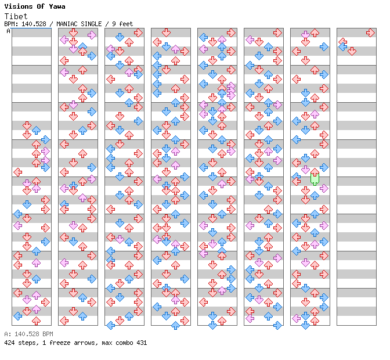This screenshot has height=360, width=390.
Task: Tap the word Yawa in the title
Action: pos(57,6)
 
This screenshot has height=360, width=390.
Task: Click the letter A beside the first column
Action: pos(9,31)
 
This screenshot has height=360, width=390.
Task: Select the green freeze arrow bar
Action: pos(315,178)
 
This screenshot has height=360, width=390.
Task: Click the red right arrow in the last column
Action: pos(370,33)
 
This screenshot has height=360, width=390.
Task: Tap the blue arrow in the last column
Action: pos(343,46)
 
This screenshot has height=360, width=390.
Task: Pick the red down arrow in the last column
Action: pos(352,51)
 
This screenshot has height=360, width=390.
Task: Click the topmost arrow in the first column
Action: pos(27,125)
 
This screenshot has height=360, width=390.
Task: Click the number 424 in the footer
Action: pos(9,343)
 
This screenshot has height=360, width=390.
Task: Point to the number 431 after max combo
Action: pos(141,343)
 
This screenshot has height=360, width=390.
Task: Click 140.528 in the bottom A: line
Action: pos(26,334)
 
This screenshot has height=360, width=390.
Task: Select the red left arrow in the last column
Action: pos(342,42)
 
